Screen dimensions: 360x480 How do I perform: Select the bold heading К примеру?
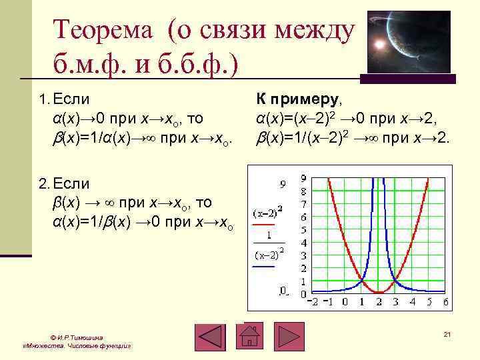(297, 100)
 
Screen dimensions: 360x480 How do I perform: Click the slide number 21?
(447, 334)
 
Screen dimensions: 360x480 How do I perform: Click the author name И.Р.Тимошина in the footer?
(77, 337)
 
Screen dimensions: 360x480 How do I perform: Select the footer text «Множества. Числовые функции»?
(77, 347)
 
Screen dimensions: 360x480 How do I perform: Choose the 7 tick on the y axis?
(303, 205)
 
